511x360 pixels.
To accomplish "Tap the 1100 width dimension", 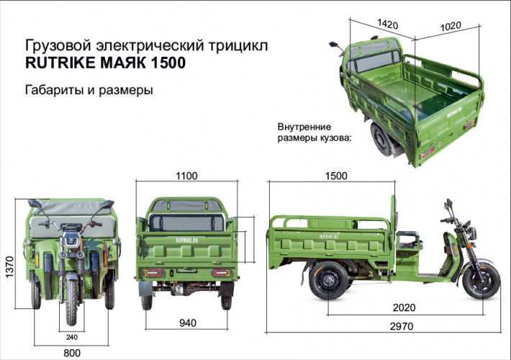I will click(x=188, y=176).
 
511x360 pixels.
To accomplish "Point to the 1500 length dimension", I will click(x=335, y=176).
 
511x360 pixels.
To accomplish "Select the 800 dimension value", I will click(x=72, y=353).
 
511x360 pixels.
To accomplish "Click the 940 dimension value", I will click(x=187, y=323).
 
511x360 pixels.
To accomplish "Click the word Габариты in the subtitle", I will click(x=55, y=91).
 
